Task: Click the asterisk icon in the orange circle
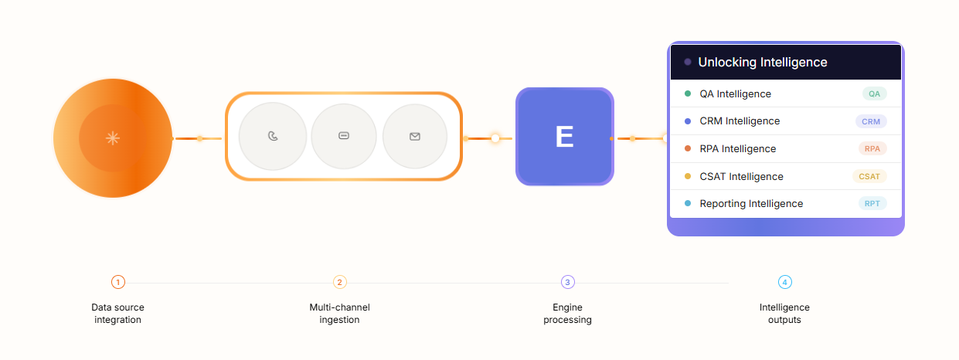coord(113,138)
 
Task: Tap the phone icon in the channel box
coord(273,136)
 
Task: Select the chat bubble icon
coord(344,136)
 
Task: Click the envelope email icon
coord(415,137)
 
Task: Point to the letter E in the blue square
coord(564,137)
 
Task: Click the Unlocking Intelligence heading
coord(763,62)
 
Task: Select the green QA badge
coord(874,93)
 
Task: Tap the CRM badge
coord(871,121)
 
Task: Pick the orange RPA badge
coord(872,148)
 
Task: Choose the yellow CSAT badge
coord(869,176)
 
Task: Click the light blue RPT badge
coord(872,203)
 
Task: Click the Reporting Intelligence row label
coord(751,203)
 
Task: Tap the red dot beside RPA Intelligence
coord(688,148)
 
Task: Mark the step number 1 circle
coord(118,282)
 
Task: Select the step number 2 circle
coord(339,282)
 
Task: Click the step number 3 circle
coord(568,282)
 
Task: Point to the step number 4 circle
coord(785,282)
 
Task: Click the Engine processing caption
coord(568,314)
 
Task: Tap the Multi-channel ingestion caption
coord(339,314)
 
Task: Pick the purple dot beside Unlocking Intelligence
coord(688,62)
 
